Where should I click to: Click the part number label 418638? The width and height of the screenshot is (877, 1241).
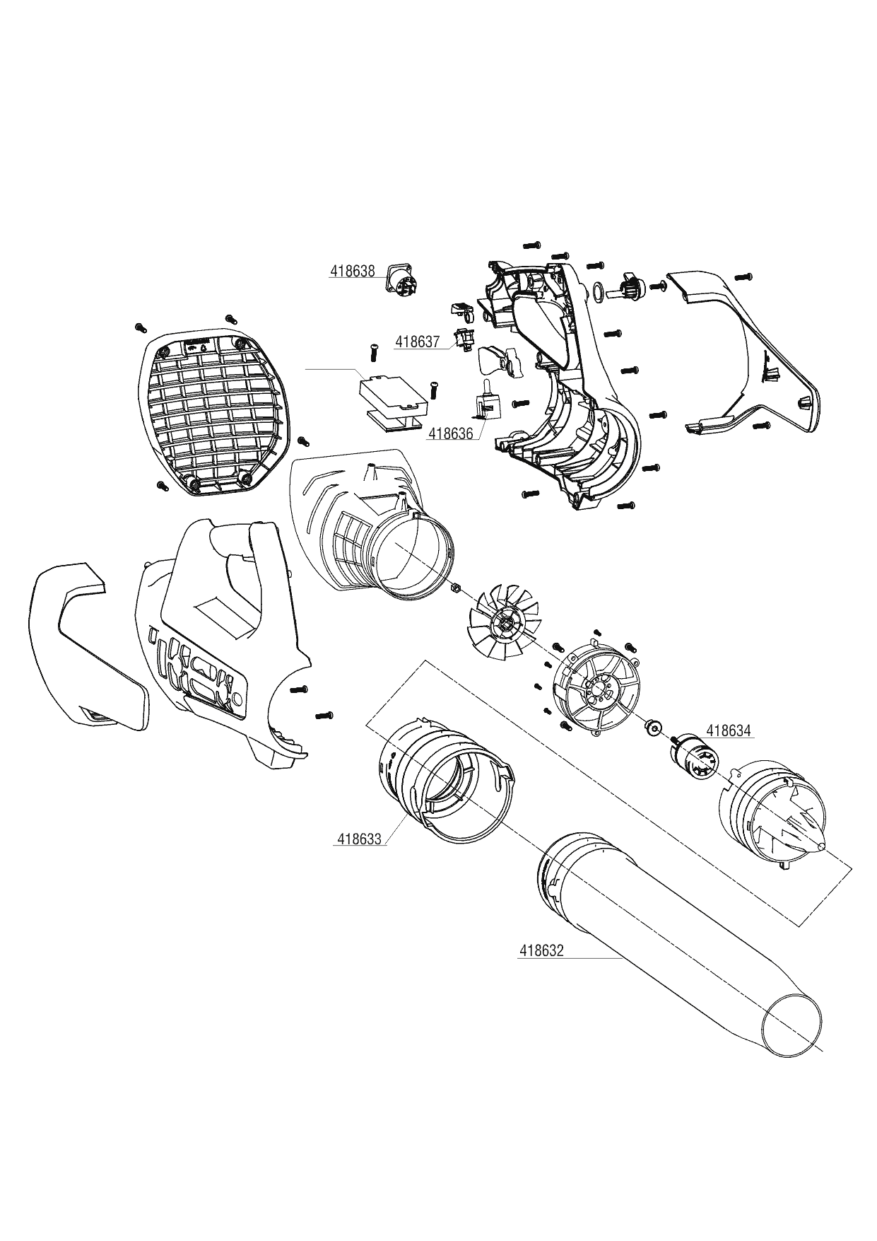pyautogui.click(x=352, y=272)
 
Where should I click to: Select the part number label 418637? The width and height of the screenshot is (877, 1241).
pyautogui.click(x=417, y=342)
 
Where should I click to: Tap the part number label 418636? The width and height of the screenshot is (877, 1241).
pyautogui.click(x=450, y=433)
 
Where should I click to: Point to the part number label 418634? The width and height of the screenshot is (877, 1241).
pyautogui.click(x=729, y=731)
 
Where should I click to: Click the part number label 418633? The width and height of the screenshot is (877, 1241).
pyautogui.click(x=359, y=839)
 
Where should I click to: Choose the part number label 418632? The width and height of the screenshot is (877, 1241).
pyautogui.click(x=541, y=951)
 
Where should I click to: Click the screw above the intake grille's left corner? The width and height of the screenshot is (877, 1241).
pyautogui.click(x=139, y=327)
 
